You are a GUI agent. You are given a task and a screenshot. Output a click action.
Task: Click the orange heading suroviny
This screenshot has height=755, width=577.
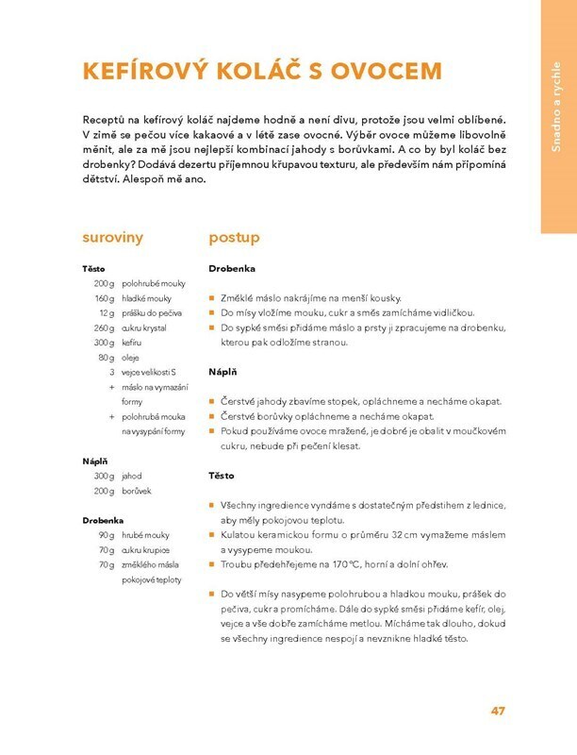[x=112, y=237]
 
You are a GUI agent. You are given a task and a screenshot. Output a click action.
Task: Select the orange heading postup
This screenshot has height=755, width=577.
[x=234, y=237]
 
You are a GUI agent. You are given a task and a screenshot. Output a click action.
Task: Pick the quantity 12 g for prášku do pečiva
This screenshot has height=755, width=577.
[x=106, y=312]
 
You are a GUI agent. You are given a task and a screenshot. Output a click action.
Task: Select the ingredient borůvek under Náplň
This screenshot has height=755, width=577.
[x=138, y=491]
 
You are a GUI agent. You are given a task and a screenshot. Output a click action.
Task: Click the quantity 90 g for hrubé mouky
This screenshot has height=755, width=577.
[x=106, y=535]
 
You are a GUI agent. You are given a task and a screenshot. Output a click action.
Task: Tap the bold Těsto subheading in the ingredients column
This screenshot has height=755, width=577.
[x=94, y=269]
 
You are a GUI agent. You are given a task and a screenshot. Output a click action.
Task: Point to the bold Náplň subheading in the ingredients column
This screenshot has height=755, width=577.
[x=95, y=461]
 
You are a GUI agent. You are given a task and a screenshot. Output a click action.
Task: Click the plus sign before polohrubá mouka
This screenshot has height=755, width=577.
[x=111, y=416]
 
